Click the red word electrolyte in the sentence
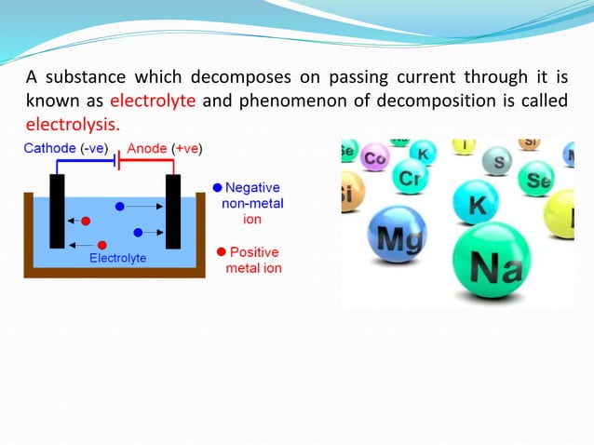pyautogui.click(x=152, y=101)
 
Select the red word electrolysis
pyautogui.click(x=73, y=124)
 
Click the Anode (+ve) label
pyautogui.click(x=165, y=149)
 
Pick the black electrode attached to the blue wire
pyautogui.click(x=57, y=210)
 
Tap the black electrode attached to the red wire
pyautogui.click(x=172, y=210)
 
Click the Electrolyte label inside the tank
pyautogui.click(x=117, y=258)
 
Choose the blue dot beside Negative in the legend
pyautogui.click(x=217, y=187)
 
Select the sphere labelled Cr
pyautogui.click(x=409, y=175)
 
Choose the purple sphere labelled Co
pyautogui.click(x=374, y=157)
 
